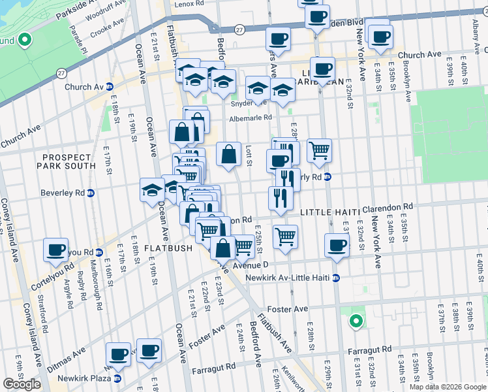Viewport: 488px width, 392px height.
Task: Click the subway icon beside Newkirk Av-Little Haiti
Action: [335, 278]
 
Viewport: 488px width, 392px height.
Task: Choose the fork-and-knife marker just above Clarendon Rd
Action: [281, 198]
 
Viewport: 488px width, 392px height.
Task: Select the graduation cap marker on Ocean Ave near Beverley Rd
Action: [152, 190]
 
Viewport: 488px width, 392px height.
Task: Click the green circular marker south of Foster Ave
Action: [356, 321]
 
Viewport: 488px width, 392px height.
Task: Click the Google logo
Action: [22, 384]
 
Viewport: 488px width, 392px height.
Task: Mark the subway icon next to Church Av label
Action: [110, 86]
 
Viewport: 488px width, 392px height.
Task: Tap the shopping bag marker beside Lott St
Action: [228, 155]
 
